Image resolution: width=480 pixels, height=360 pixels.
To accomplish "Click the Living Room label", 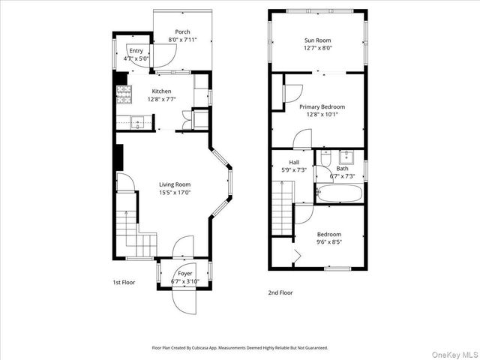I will coord(174,184).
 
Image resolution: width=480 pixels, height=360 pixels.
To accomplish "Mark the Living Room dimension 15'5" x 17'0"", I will coord(174,192).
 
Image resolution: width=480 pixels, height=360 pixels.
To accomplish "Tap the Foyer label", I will coord(184,274).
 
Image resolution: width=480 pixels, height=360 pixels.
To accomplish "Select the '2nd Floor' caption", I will coord(280,292).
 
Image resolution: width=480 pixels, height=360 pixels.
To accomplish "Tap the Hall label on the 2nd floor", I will coord(295,162).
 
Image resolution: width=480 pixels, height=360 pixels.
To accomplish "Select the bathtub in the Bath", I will coord(340,193).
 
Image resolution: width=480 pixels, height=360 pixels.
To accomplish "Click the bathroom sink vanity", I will coord(347,158).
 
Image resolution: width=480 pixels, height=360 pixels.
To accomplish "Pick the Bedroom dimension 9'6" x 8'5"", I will coord(328,242).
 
